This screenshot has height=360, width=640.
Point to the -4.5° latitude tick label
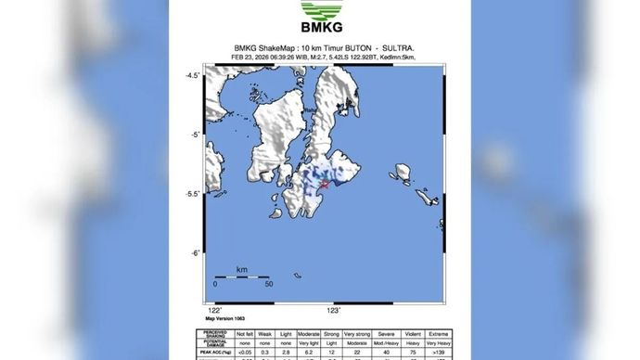click(x=193, y=75)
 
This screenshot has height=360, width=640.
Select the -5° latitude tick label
click(x=196, y=135)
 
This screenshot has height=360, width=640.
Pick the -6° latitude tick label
click(x=196, y=253)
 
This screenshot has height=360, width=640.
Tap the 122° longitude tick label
click(x=215, y=310)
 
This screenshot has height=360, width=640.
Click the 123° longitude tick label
click(x=333, y=310)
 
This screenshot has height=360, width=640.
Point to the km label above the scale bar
click(x=241, y=268)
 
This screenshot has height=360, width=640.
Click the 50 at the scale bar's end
click(x=268, y=284)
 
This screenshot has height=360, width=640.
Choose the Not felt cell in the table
click(x=245, y=332)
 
